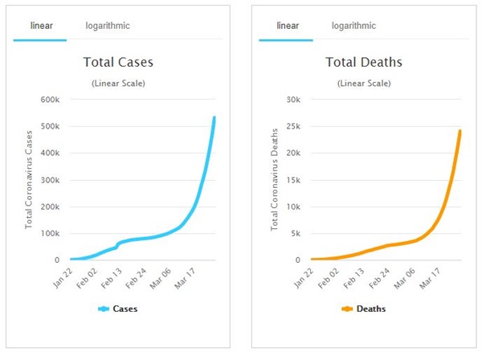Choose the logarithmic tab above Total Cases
[108, 26]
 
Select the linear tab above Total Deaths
[288, 26]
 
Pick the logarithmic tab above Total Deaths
[354, 26]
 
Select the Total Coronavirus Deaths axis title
[274, 178]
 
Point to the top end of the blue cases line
[214, 117]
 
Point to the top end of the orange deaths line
[459, 130]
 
